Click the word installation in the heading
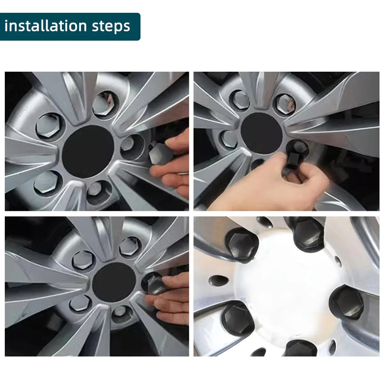45,26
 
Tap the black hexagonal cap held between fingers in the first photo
161,154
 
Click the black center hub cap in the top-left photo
88,151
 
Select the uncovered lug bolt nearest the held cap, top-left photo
128,144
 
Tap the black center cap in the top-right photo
261,133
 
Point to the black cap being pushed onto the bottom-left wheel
156,285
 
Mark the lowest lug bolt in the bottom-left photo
120,311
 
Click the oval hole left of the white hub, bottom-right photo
219,281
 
